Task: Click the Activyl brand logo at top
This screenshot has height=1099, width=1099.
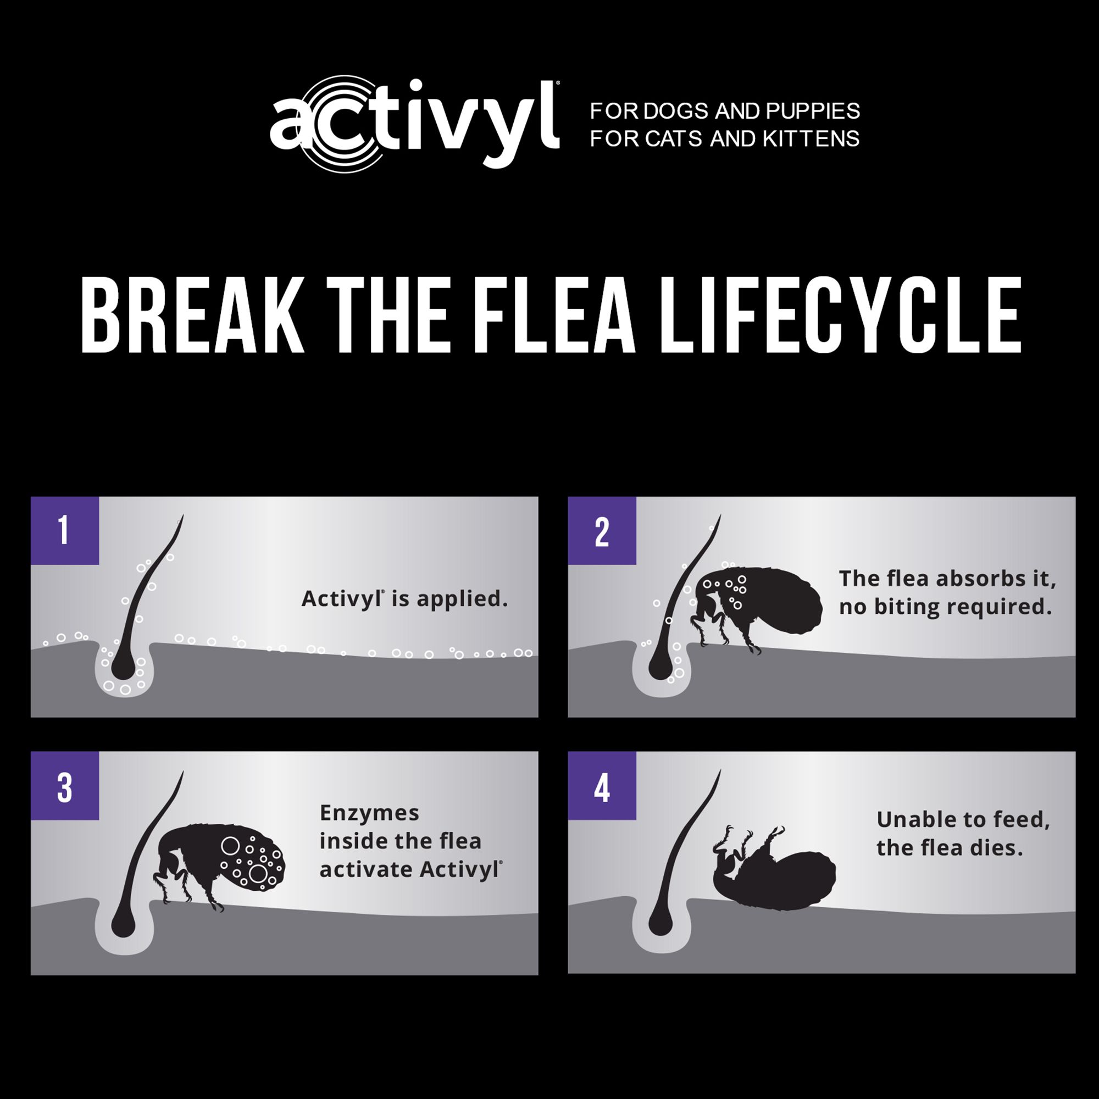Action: click(x=415, y=123)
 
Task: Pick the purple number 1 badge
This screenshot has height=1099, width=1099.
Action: click(x=64, y=530)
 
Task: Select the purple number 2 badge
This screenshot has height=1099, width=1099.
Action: click(x=602, y=530)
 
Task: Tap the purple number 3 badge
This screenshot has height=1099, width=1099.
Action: click(x=64, y=786)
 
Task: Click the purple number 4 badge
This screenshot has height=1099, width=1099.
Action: click(x=602, y=786)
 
